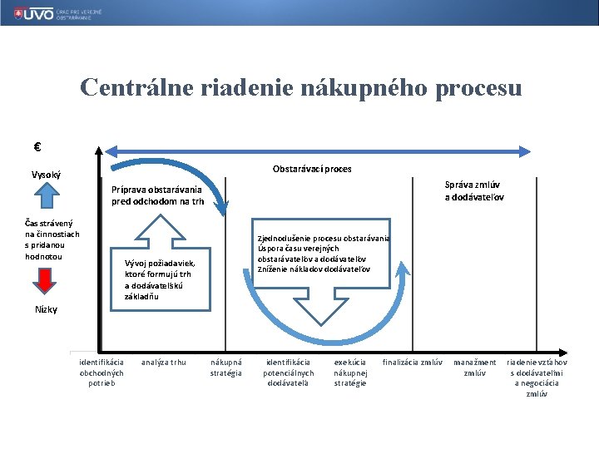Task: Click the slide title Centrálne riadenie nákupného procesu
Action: [300, 87]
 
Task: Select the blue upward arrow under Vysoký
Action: [48, 195]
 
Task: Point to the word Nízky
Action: [47, 309]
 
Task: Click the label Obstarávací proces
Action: [312, 169]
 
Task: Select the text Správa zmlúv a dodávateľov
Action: [473, 191]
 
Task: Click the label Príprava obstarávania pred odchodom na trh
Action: [157, 195]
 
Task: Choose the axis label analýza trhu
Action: [164, 362]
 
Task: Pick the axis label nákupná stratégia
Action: [226, 368]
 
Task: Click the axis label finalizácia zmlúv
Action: [412, 362]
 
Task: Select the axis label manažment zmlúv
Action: [474, 368]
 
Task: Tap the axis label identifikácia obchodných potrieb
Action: [101, 373]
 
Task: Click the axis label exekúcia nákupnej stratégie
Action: [350, 373]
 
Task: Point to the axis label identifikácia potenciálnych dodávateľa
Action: [288, 373]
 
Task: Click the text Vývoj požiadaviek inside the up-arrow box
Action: [159, 263]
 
